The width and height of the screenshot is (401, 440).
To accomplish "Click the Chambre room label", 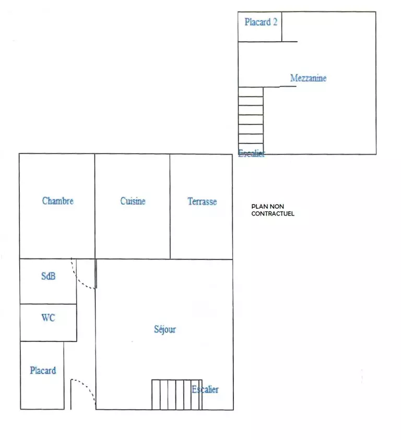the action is pyautogui.click(x=58, y=201).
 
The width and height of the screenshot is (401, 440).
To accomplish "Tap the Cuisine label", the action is pyautogui.click(x=133, y=201).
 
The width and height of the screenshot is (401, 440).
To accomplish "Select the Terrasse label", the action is pyautogui.click(x=202, y=201).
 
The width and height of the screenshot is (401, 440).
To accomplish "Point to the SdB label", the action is pyautogui.click(x=49, y=276).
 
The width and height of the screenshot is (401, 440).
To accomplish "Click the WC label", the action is pyautogui.click(x=49, y=318).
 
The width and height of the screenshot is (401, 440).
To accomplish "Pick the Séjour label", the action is pyautogui.click(x=165, y=329).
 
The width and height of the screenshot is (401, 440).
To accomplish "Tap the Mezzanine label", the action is pyautogui.click(x=309, y=78).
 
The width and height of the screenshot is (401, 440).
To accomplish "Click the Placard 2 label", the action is pyautogui.click(x=261, y=22).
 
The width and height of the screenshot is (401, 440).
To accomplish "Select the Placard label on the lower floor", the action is pyautogui.click(x=43, y=371).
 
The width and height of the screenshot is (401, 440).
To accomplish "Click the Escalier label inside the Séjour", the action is pyautogui.click(x=205, y=389).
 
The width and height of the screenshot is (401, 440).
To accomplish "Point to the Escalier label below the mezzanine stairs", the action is pyautogui.click(x=251, y=153).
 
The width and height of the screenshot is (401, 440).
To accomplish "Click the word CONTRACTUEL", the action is pyautogui.click(x=273, y=213).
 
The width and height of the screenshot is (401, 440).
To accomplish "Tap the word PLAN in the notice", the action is pyautogui.click(x=258, y=207).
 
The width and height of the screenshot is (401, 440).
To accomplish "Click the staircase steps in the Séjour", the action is pyautogui.click(x=177, y=395).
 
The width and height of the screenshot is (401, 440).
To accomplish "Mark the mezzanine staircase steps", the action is pyautogui.click(x=251, y=121).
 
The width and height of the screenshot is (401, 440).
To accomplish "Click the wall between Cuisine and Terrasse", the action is pyautogui.click(x=170, y=206).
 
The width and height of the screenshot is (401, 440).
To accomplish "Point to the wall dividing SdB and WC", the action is pyautogui.click(x=49, y=304).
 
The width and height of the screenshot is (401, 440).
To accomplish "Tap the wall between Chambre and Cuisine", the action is pyautogui.click(x=95, y=206).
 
